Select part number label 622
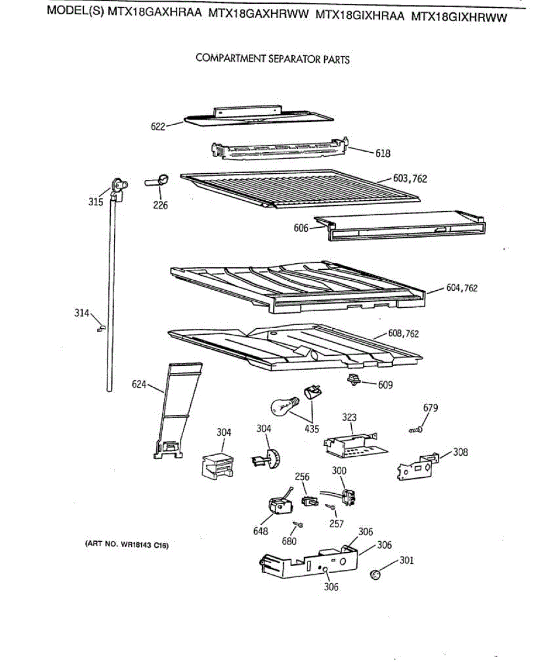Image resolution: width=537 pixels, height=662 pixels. tap(158, 127)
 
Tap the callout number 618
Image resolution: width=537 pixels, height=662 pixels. tap(383, 153)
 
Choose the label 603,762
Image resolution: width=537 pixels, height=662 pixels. tap(410, 179)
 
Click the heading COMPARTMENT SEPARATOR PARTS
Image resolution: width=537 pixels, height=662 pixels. tap(272, 59)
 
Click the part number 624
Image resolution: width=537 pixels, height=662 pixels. tap(139, 384)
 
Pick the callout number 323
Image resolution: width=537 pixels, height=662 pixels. tap(350, 418)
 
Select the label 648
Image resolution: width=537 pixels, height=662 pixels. tap(261, 531)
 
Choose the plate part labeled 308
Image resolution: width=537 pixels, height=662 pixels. tap(417, 465)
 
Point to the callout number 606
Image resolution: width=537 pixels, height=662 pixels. tap(301, 228)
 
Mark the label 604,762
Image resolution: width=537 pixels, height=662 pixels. tap(462, 288)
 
